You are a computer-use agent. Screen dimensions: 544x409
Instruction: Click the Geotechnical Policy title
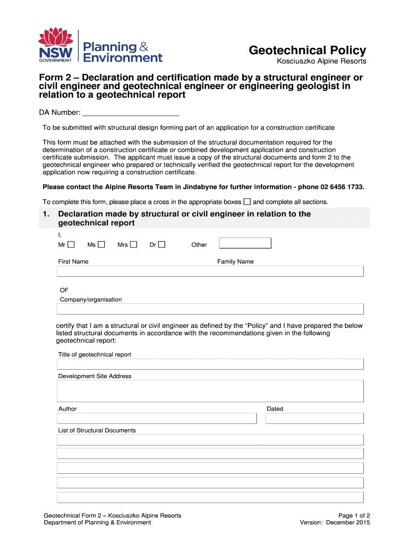[x=308, y=50]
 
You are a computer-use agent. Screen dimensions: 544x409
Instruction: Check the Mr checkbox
[x=71, y=244]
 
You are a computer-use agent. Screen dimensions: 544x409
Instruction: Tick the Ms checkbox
[x=101, y=244]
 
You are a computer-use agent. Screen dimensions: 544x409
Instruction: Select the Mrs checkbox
[x=134, y=244]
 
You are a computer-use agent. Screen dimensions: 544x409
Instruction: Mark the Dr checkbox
[x=162, y=244]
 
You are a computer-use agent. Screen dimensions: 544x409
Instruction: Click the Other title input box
[x=245, y=243]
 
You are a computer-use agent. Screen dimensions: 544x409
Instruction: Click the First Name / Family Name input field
[x=210, y=271]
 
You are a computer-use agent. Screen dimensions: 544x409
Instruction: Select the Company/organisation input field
[x=210, y=309]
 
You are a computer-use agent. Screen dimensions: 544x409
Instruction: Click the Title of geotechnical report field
[x=210, y=364]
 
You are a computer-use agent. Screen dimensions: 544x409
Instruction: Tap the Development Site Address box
[x=210, y=391]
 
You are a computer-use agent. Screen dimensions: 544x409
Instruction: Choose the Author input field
[x=157, y=419]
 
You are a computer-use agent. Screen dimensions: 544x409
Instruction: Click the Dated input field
[x=314, y=419]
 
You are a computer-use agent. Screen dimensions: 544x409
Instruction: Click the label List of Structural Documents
[x=97, y=430]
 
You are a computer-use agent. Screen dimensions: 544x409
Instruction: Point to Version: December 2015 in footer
[x=335, y=522]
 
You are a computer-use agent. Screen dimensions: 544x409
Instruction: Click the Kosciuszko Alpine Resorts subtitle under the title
[x=322, y=62]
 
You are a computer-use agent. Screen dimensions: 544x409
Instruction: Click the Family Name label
[x=235, y=261]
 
